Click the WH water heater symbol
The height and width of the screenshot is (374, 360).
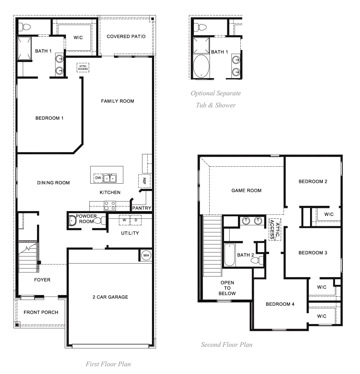click(x=146, y=256)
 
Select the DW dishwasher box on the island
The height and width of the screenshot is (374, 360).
click(x=98, y=178)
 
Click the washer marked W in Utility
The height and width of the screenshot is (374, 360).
click(x=124, y=220)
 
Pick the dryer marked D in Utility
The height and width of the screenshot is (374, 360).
click(x=136, y=220)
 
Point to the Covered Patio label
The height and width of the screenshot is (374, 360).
click(x=126, y=36)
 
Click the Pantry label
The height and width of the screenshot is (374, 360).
click(x=141, y=208)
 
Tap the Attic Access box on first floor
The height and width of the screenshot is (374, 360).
click(x=83, y=68)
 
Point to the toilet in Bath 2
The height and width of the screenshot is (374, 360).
click(x=256, y=260)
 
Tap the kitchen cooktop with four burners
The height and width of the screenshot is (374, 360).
click(x=110, y=206)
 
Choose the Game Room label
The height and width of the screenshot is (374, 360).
click(x=246, y=191)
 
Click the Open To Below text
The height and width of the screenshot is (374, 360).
click(x=227, y=288)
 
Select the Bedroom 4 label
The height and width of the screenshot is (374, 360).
click(x=280, y=304)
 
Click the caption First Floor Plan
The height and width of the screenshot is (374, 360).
click(x=108, y=364)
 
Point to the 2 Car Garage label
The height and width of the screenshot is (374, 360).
click(x=110, y=297)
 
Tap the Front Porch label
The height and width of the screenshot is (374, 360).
click(x=41, y=312)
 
